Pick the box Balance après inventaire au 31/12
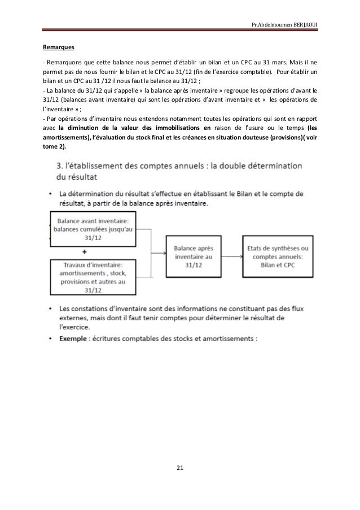(194, 255)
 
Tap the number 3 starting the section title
(61, 168)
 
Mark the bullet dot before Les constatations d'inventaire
(50, 310)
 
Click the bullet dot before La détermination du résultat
(50, 194)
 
